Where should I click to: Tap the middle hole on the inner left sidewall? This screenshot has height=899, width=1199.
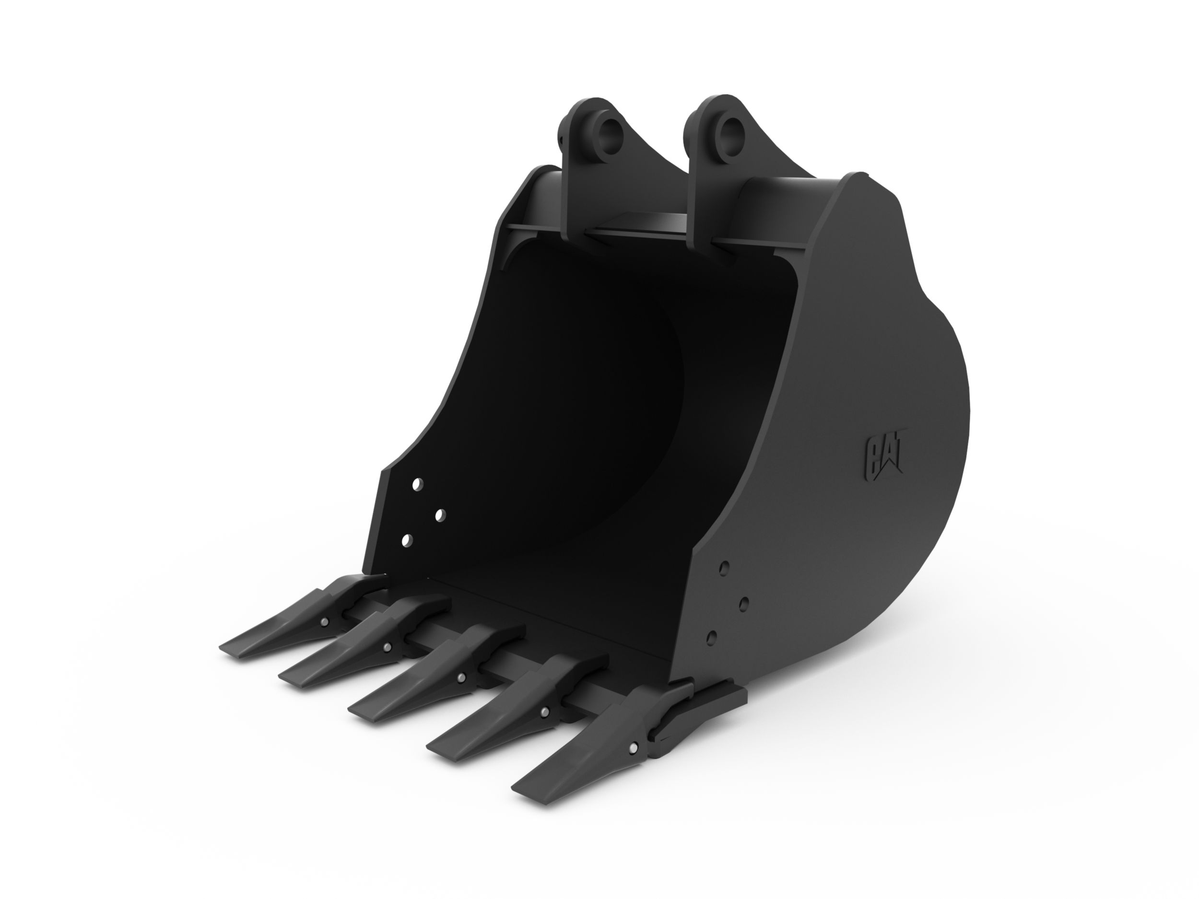point(440,514)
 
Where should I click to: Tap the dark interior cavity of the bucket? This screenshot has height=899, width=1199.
point(569,407)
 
